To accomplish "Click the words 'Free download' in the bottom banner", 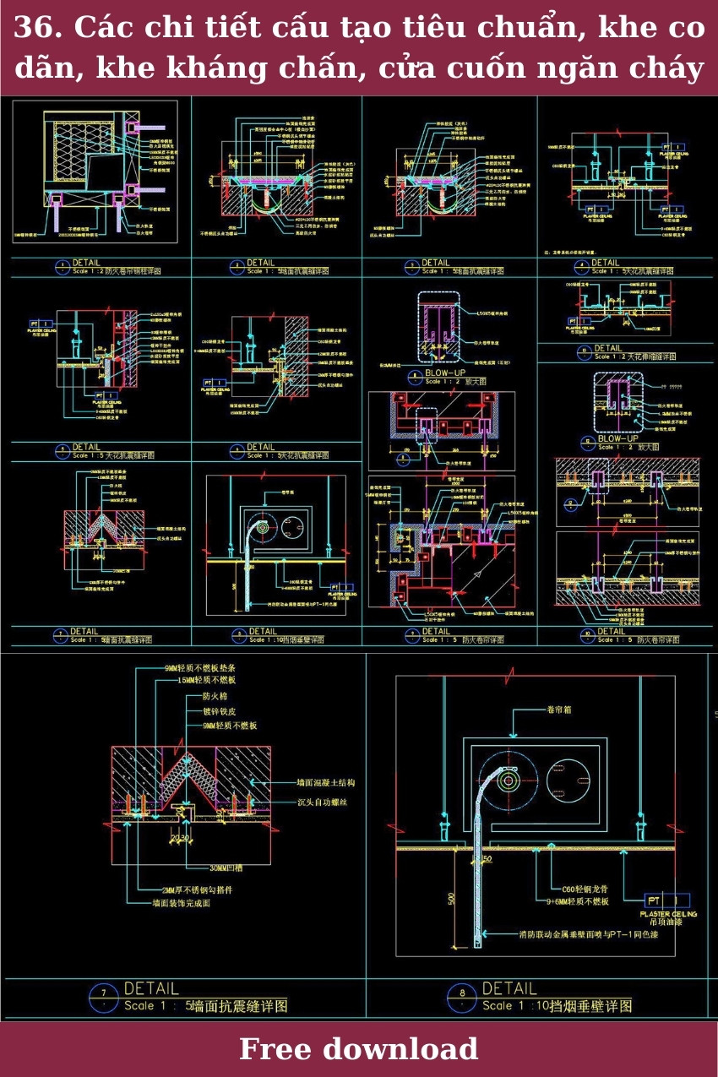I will click(x=358, y=1049).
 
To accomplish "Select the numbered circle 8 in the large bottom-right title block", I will click(x=462, y=993).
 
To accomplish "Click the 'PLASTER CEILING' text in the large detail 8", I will click(x=668, y=914).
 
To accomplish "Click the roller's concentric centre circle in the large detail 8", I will click(x=508, y=781).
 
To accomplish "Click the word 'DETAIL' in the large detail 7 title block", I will click(x=151, y=987).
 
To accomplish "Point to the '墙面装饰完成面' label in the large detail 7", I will click(x=181, y=903).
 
